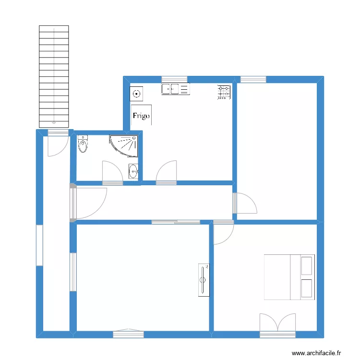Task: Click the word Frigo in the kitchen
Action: click(x=141, y=116)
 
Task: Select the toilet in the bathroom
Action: click(x=84, y=144)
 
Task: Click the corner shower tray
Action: click(x=126, y=144)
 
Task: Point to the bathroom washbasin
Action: click(x=133, y=170)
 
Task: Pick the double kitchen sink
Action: click(x=176, y=89)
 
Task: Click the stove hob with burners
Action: click(x=224, y=92)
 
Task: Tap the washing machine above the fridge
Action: click(x=137, y=94)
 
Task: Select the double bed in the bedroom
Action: click(x=289, y=277)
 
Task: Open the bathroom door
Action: click(x=112, y=172)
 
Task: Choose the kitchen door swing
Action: click(x=167, y=172)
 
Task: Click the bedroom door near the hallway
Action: click(x=223, y=233)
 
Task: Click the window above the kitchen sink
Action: click(x=174, y=79)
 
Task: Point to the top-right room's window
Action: click(x=253, y=79)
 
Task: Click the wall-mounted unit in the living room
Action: click(x=204, y=279)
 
